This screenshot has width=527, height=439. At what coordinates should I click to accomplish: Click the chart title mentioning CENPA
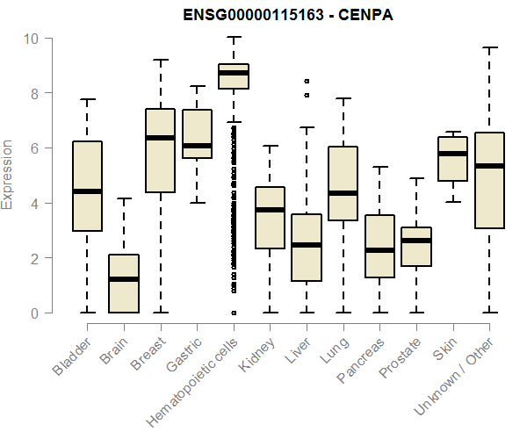click(263, 16)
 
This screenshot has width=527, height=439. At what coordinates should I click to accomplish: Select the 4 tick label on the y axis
click(33, 203)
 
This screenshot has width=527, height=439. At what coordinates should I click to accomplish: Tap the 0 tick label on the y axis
click(33, 313)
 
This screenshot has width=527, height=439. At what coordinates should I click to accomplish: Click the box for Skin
click(452, 159)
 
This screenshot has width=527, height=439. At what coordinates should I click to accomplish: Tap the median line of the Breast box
click(161, 138)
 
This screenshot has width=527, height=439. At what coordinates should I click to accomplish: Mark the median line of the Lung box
click(343, 193)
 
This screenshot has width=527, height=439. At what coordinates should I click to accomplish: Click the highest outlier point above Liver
click(306, 81)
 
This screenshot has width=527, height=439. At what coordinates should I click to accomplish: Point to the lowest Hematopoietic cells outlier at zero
click(234, 313)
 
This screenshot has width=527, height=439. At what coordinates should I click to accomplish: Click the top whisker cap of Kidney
click(270, 146)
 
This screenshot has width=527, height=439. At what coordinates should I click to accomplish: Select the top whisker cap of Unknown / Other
click(488, 47)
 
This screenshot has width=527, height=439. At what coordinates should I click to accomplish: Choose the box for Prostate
click(415, 247)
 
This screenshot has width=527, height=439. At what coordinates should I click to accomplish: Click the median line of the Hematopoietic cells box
click(234, 74)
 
